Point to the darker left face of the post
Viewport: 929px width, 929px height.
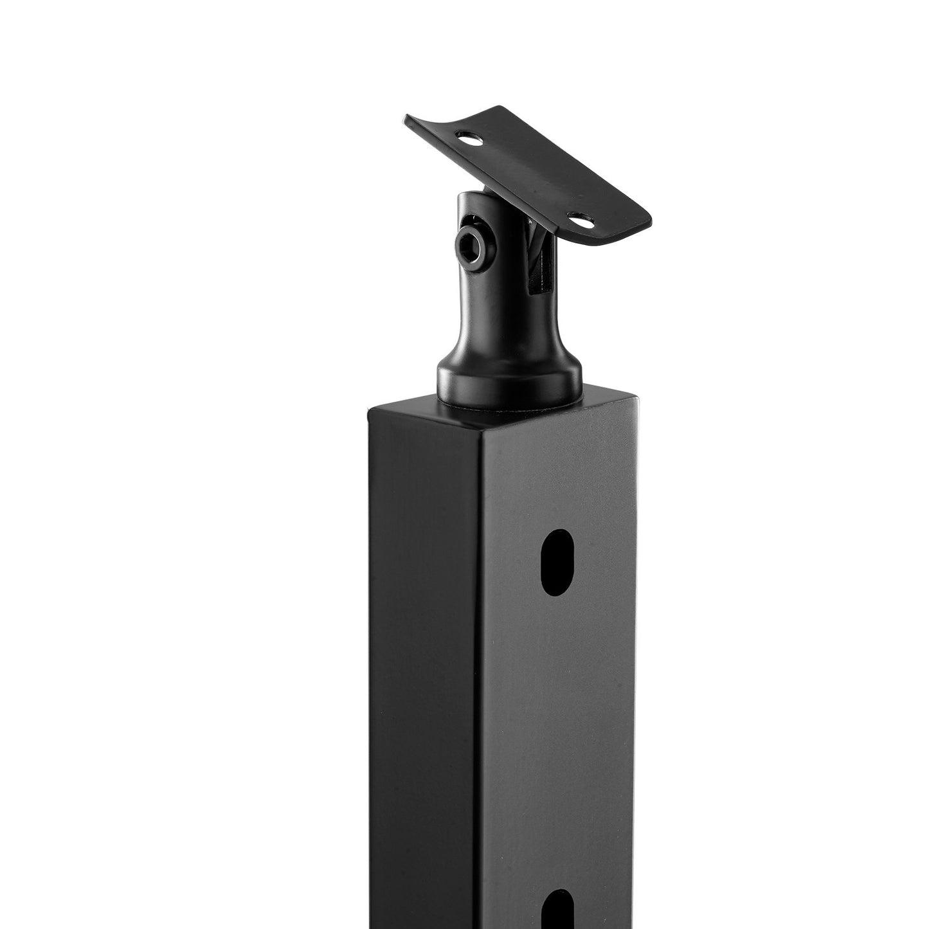click(424, 643)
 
